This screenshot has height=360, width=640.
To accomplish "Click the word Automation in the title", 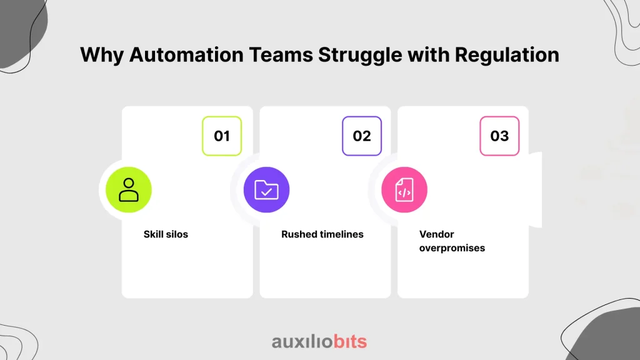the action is (186, 55).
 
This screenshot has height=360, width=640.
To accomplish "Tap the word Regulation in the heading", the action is (507, 55).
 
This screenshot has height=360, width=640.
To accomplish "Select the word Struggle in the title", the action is (361, 56).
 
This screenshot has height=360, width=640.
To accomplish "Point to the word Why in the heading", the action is (102, 56).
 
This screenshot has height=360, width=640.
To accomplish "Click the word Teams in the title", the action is (281, 55).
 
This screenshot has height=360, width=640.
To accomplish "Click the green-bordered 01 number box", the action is (222, 136).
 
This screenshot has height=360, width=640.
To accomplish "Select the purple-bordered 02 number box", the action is (362, 136).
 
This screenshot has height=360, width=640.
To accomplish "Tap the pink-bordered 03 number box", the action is (499, 136).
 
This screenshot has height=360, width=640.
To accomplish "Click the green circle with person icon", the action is (129, 190).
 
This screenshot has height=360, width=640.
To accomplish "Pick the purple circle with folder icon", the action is (266, 190).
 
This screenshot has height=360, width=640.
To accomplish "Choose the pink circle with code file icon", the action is (404, 190).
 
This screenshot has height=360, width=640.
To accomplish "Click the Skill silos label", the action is (166, 234).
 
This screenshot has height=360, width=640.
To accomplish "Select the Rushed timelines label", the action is (322, 234).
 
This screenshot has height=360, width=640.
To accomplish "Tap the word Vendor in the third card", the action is (436, 234).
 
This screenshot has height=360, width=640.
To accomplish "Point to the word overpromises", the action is (452, 248).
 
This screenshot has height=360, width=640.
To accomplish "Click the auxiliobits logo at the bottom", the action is (319, 342).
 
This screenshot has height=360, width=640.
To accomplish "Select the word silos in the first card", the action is (177, 234).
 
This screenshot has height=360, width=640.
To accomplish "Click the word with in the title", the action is (429, 55).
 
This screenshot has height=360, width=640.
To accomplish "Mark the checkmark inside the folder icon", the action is (266, 191).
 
